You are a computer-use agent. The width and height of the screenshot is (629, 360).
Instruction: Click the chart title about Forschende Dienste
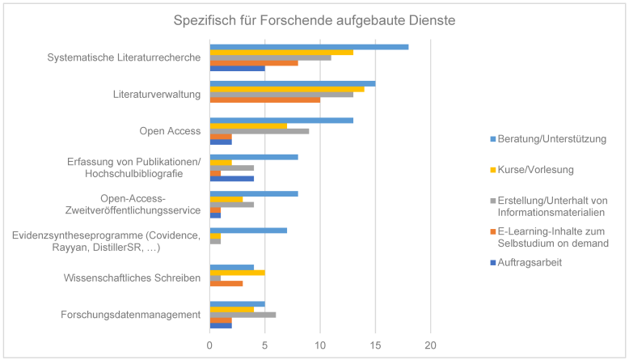314,19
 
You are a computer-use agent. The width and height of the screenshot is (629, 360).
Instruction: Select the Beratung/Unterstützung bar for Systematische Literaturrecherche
309,47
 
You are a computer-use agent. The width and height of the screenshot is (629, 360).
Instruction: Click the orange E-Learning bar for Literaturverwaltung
264,100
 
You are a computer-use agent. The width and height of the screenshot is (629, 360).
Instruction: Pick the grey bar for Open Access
259,131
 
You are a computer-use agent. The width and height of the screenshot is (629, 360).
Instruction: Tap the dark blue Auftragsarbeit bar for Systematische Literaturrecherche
237,68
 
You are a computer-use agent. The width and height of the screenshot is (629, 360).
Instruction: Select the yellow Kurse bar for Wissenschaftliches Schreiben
237,273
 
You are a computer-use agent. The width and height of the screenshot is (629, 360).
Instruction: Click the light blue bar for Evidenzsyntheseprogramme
248,231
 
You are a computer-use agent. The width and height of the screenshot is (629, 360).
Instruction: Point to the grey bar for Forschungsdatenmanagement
243,315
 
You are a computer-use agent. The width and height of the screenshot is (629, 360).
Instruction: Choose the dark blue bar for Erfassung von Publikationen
231,178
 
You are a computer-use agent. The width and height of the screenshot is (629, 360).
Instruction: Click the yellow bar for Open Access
248,125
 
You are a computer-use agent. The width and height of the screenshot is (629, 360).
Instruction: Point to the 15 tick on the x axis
375,345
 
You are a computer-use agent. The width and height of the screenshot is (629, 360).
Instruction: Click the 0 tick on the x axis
210,345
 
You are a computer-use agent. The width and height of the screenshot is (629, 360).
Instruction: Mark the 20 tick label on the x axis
430,345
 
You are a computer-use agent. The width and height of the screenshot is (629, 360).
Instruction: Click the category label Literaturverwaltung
156,95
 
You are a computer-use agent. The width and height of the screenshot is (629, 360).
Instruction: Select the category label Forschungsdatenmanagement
132,316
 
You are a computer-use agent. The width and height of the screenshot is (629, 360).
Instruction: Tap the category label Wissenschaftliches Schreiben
132,278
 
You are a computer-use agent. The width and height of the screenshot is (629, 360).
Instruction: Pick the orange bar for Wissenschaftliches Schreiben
226,283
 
